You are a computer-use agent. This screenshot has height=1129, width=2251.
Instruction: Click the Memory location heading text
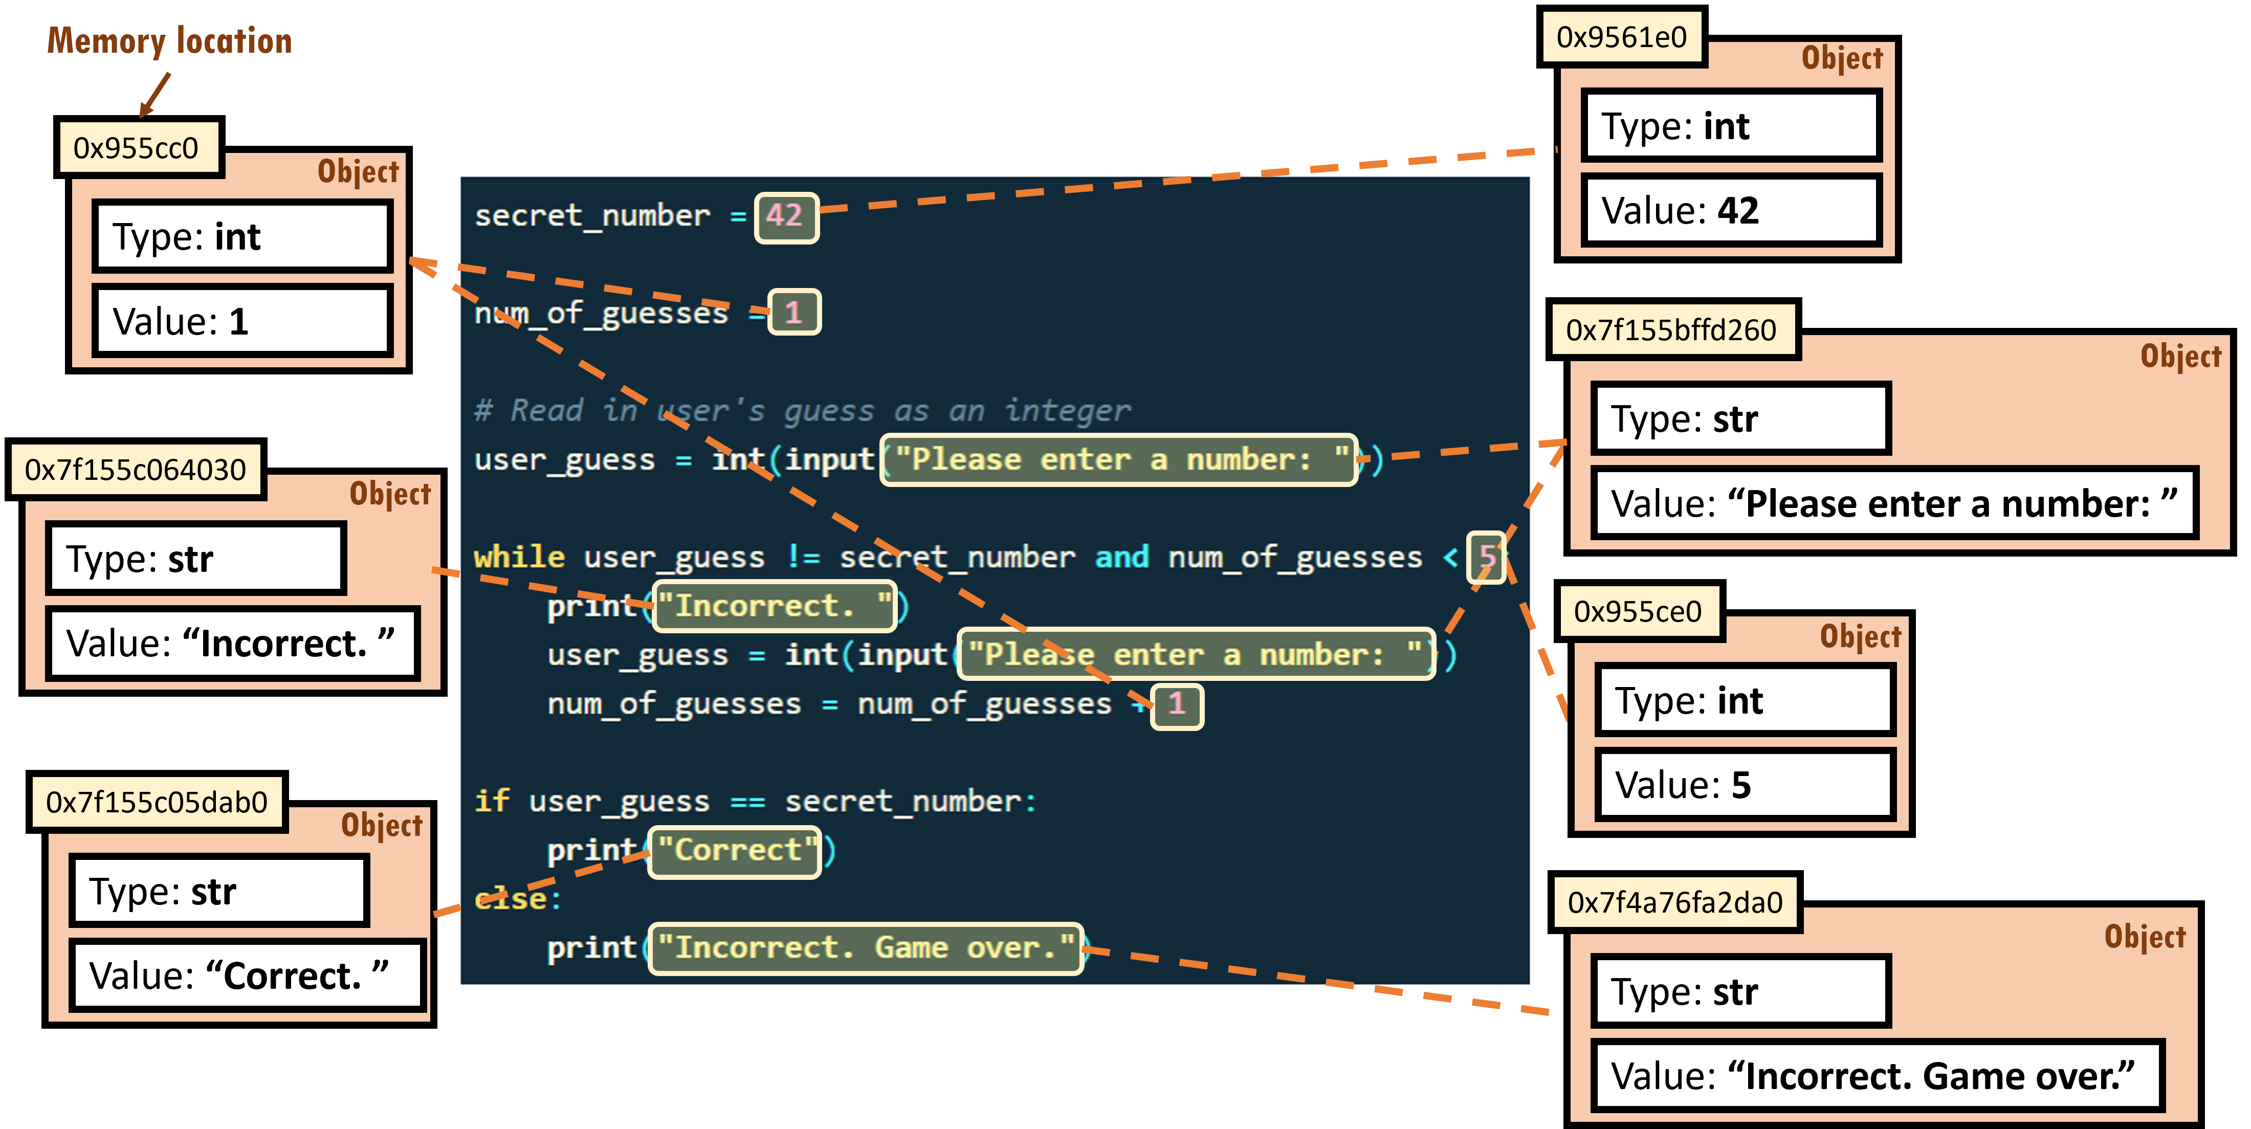pyautogui.click(x=169, y=41)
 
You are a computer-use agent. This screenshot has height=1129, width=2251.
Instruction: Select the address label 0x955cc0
pyautogui.click(x=136, y=148)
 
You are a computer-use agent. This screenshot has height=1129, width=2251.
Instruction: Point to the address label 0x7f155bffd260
pyautogui.click(x=1671, y=330)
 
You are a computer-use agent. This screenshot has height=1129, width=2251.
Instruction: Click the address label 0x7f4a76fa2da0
pyautogui.click(x=1674, y=903)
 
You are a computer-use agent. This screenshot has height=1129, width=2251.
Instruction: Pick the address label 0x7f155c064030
pyautogui.click(x=136, y=470)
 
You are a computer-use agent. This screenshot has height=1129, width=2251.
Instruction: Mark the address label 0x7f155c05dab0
pyautogui.click(x=157, y=802)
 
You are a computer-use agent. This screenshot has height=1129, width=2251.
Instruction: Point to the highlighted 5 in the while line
pyautogui.click(x=1486, y=557)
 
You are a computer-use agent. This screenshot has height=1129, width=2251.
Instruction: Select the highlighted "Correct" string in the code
pyautogui.click(x=734, y=850)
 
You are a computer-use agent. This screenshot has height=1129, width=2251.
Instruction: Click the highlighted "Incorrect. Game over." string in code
pyautogui.click(x=865, y=948)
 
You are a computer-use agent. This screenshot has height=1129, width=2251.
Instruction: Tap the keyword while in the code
pyautogui.click(x=519, y=557)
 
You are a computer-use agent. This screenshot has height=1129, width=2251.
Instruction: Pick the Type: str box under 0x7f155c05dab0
pyautogui.click(x=218, y=891)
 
